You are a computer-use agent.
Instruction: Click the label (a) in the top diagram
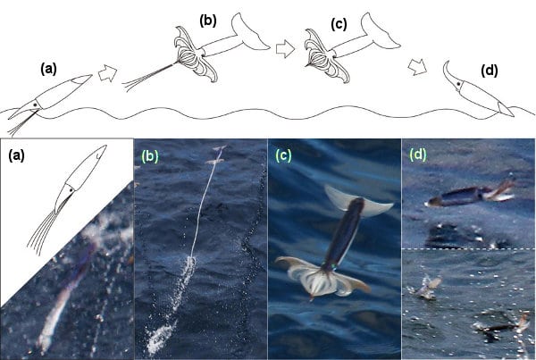coord(48,70)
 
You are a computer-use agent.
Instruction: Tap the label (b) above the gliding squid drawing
coord(208,21)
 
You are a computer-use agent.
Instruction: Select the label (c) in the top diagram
coord(339,24)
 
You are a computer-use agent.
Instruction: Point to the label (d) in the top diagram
coord(490,71)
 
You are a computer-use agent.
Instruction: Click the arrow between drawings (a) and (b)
coord(108,74)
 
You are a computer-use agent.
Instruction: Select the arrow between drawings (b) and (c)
coord(285,49)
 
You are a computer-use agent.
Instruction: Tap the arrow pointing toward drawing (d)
coord(418,67)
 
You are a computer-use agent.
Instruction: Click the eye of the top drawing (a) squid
coord(35,105)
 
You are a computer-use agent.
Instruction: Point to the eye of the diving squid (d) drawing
coord(457,83)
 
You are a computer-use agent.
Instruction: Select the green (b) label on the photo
coord(150,156)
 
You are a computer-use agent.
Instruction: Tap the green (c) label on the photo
coord(283,155)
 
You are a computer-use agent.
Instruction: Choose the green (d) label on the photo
coord(418,155)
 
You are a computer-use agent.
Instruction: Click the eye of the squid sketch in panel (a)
coord(71,189)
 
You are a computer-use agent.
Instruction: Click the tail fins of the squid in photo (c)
coord(357,199)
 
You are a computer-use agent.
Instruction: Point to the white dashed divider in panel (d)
coord(468,249)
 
